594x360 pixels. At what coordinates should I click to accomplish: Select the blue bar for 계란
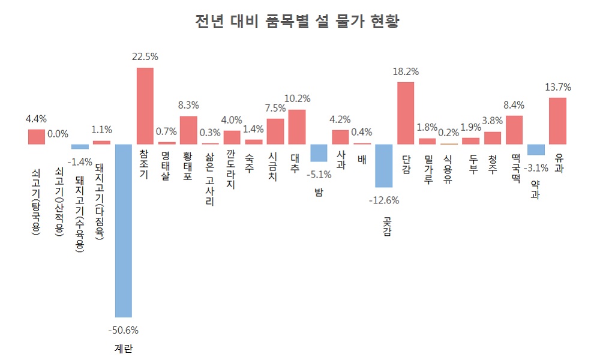[x=123, y=230]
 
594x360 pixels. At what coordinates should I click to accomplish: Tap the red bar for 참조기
[x=145, y=106]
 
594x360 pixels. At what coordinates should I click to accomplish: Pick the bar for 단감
[x=406, y=113]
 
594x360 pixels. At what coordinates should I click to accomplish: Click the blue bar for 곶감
[x=383, y=166]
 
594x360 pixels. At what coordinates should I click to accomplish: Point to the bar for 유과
[x=558, y=121]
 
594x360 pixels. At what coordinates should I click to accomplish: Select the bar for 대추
[x=297, y=127]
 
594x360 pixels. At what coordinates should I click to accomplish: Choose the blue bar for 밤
[x=319, y=152]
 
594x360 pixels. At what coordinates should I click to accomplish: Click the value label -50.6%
[x=123, y=330]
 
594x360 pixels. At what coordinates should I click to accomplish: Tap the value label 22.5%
[x=145, y=57]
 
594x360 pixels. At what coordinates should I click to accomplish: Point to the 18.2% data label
[x=406, y=71]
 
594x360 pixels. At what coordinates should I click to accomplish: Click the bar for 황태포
[x=188, y=130]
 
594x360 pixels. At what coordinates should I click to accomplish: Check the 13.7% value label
[x=558, y=87]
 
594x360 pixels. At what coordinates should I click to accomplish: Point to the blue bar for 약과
[x=536, y=149]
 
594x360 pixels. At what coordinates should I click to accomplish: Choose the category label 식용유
[x=448, y=169]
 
